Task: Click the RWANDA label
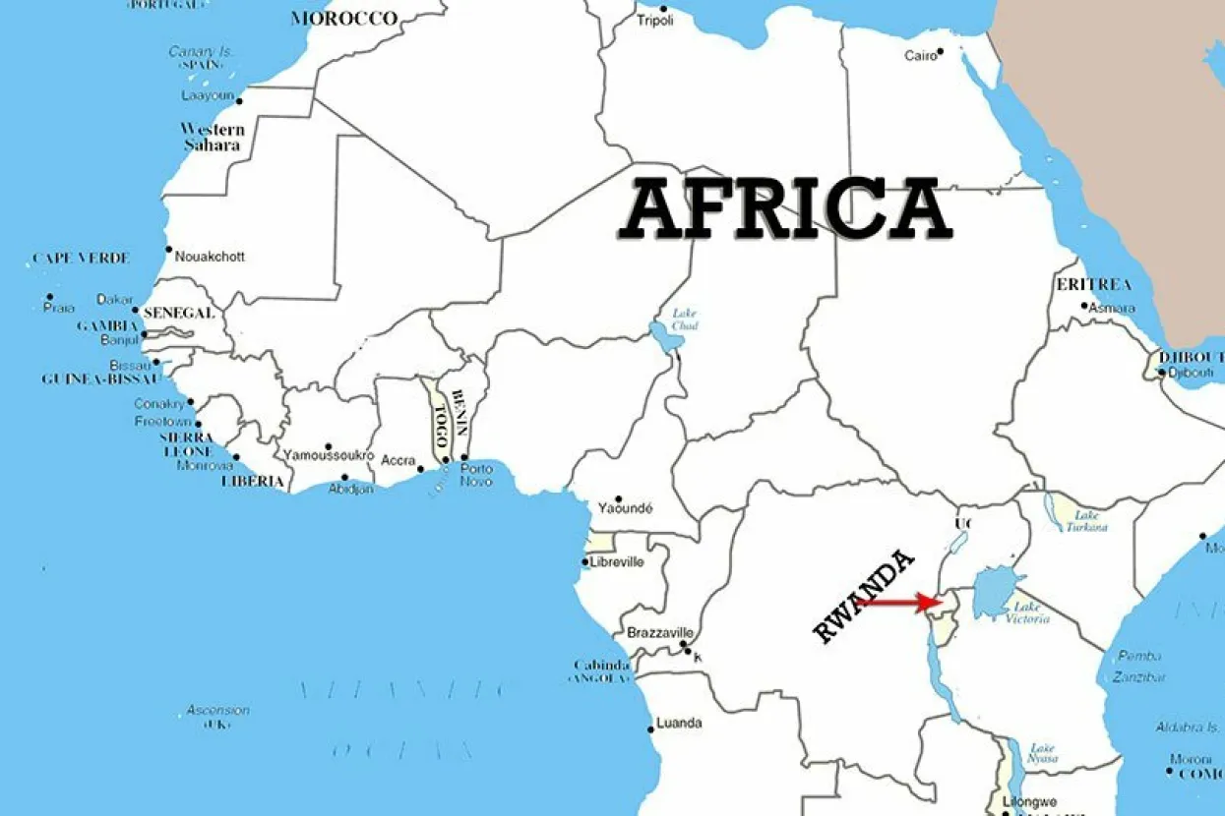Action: (864, 597)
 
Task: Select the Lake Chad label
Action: (684, 320)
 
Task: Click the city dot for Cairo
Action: (941, 51)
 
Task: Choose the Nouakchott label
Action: (210, 257)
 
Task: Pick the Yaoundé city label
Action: (626, 508)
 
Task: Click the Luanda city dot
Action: (650, 729)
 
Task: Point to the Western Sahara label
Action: (212, 137)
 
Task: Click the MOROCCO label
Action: (343, 19)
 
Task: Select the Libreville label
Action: (617, 562)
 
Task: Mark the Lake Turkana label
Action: (1086, 520)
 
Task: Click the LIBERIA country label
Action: (253, 482)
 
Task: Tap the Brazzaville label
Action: (660, 632)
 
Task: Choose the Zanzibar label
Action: (1139, 676)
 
